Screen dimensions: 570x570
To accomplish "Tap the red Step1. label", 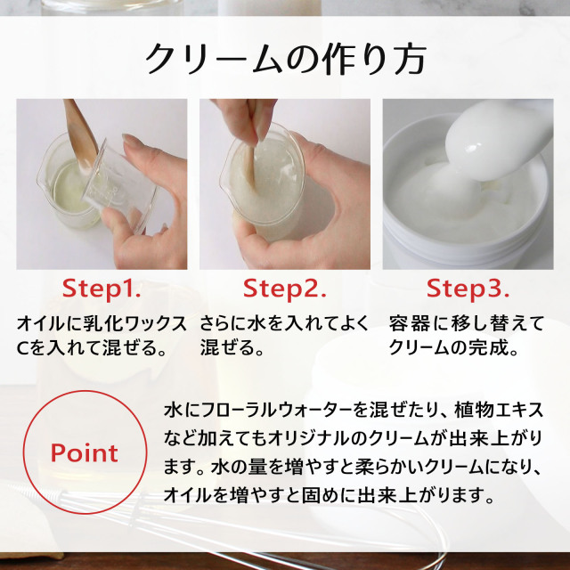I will (x=102, y=289).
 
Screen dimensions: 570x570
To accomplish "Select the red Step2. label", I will (x=285, y=289).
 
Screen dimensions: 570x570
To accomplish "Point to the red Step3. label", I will (x=468, y=289).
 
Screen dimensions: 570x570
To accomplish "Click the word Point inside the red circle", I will (x=84, y=452).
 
